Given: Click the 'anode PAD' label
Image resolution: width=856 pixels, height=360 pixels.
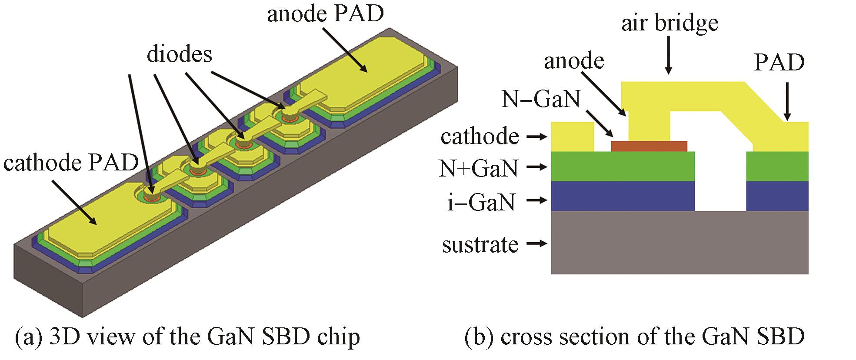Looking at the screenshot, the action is tap(326, 14).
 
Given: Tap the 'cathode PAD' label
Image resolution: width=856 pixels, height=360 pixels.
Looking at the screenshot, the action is tap(71, 164).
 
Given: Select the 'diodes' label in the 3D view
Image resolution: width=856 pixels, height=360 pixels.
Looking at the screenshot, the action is tap(180, 55).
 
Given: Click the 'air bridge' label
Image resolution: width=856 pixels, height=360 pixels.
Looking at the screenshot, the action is tap(669, 24).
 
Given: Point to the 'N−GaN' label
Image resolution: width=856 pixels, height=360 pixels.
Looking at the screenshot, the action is tap(541, 99).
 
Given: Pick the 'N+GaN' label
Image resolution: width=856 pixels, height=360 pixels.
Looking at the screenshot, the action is tap(479, 168).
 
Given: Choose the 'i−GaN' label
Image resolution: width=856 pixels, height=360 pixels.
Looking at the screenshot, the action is tap(481, 202).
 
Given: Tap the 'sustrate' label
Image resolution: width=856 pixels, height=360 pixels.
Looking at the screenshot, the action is tap(480, 245).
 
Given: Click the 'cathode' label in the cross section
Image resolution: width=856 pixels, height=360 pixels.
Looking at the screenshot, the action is tap(480, 137).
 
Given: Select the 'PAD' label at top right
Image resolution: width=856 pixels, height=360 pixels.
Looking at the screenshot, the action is tap(779, 63).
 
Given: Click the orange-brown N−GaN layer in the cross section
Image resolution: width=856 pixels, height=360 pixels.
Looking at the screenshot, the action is tap(649, 146).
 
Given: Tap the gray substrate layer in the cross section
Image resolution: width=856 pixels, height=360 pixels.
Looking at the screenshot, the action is tap(679, 243).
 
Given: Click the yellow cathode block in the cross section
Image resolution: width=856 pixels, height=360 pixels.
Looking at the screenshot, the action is tap(572, 137).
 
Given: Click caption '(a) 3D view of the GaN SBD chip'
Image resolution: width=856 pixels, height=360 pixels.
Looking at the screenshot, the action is tap(187, 337).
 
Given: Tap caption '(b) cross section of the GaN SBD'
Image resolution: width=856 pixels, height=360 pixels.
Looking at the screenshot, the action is tap(634, 337).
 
